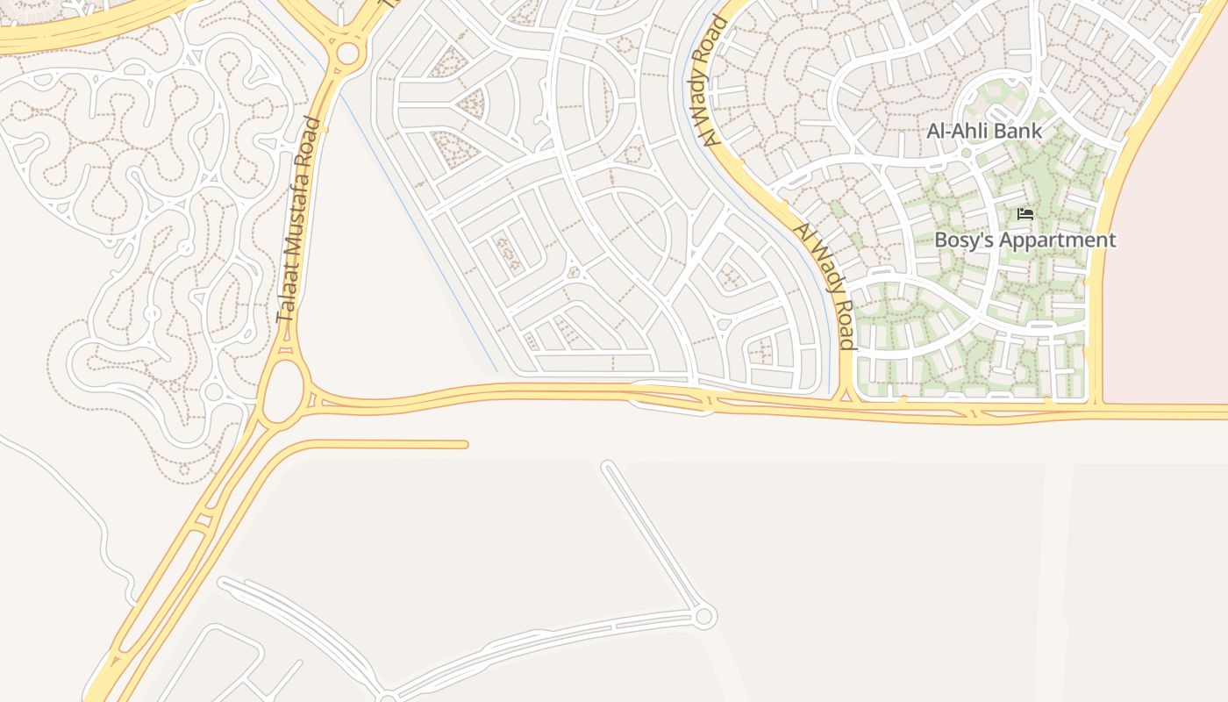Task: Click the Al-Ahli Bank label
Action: point(984,132)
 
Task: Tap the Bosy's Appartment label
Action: point(1025,240)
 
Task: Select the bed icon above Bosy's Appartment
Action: point(1025,214)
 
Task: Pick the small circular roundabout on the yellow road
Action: point(347,54)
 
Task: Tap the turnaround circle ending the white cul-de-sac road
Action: point(703,617)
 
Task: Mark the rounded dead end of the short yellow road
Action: point(464,445)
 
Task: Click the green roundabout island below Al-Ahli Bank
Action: point(966,153)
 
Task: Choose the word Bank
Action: point(1020,132)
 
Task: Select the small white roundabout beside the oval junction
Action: point(214,391)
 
